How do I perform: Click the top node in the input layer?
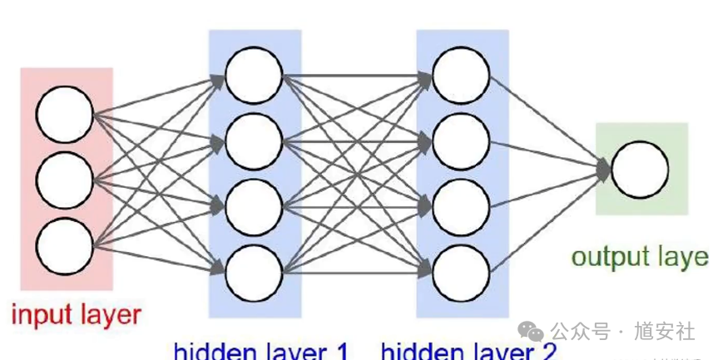tap(65, 113)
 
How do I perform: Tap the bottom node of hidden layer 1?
tap(254, 269)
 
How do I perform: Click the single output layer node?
tap(640, 170)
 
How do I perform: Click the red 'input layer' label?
tap(76, 315)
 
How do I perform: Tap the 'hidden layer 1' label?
tap(261, 350)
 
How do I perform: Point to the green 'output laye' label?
tap(640, 256)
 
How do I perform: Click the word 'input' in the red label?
tap(37, 315)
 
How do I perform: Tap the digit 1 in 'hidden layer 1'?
tap(341, 350)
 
